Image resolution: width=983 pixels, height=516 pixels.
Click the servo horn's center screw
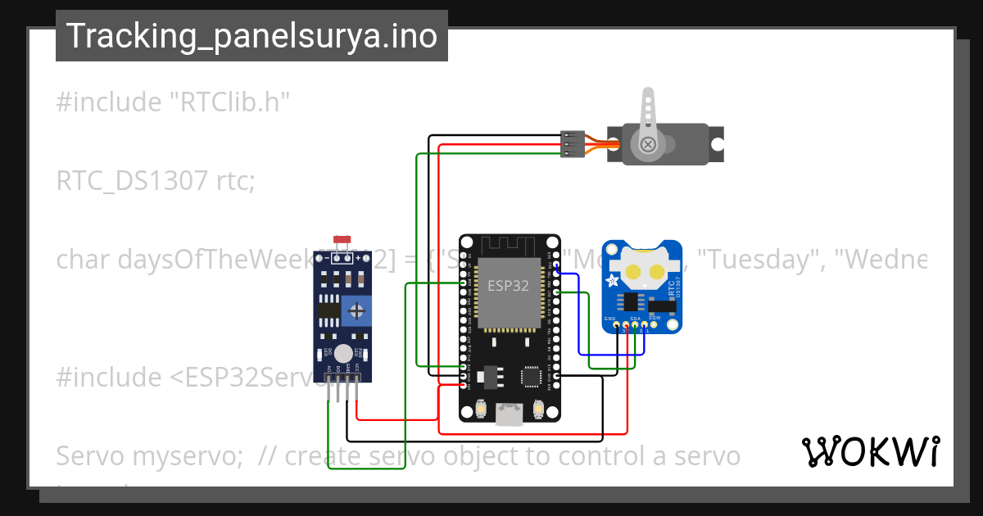coord(649,144)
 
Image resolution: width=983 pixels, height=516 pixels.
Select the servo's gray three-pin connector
coord(572,144)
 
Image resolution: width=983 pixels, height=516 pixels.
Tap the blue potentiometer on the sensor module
coord(357,310)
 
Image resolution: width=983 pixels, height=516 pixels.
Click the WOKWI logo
coord(870,452)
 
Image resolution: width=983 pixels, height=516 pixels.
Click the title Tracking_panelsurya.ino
coord(251,36)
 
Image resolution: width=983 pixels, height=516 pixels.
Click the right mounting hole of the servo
coord(717,144)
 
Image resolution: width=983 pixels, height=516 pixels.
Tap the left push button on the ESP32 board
coord(481,407)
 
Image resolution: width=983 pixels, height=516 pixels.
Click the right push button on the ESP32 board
coord(538,407)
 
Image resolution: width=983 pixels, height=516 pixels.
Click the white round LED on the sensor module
coord(344,353)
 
